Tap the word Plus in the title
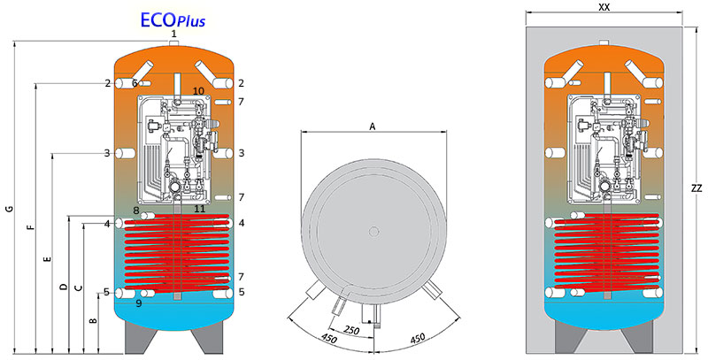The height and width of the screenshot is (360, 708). (x=189, y=20)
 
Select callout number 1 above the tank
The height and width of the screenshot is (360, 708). (x=173, y=34)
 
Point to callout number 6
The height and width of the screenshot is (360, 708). (x=135, y=83)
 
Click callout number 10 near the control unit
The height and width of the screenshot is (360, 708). (x=198, y=92)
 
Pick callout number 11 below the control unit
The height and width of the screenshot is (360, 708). (x=199, y=209)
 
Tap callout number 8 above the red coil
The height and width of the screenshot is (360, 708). (x=137, y=211)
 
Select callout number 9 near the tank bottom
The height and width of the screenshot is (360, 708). (x=140, y=304)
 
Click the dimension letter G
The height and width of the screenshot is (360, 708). (x=8, y=209)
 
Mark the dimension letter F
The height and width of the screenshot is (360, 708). (x=30, y=228)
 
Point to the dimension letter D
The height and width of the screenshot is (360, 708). (x=63, y=287)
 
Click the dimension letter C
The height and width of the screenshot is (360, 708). (x=78, y=287)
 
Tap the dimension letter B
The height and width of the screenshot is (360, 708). (x=93, y=321)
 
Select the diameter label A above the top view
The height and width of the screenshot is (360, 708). (x=373, y=127)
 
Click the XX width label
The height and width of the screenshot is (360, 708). (x=604, y=7)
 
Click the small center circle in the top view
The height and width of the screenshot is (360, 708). (x=374, y=232)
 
